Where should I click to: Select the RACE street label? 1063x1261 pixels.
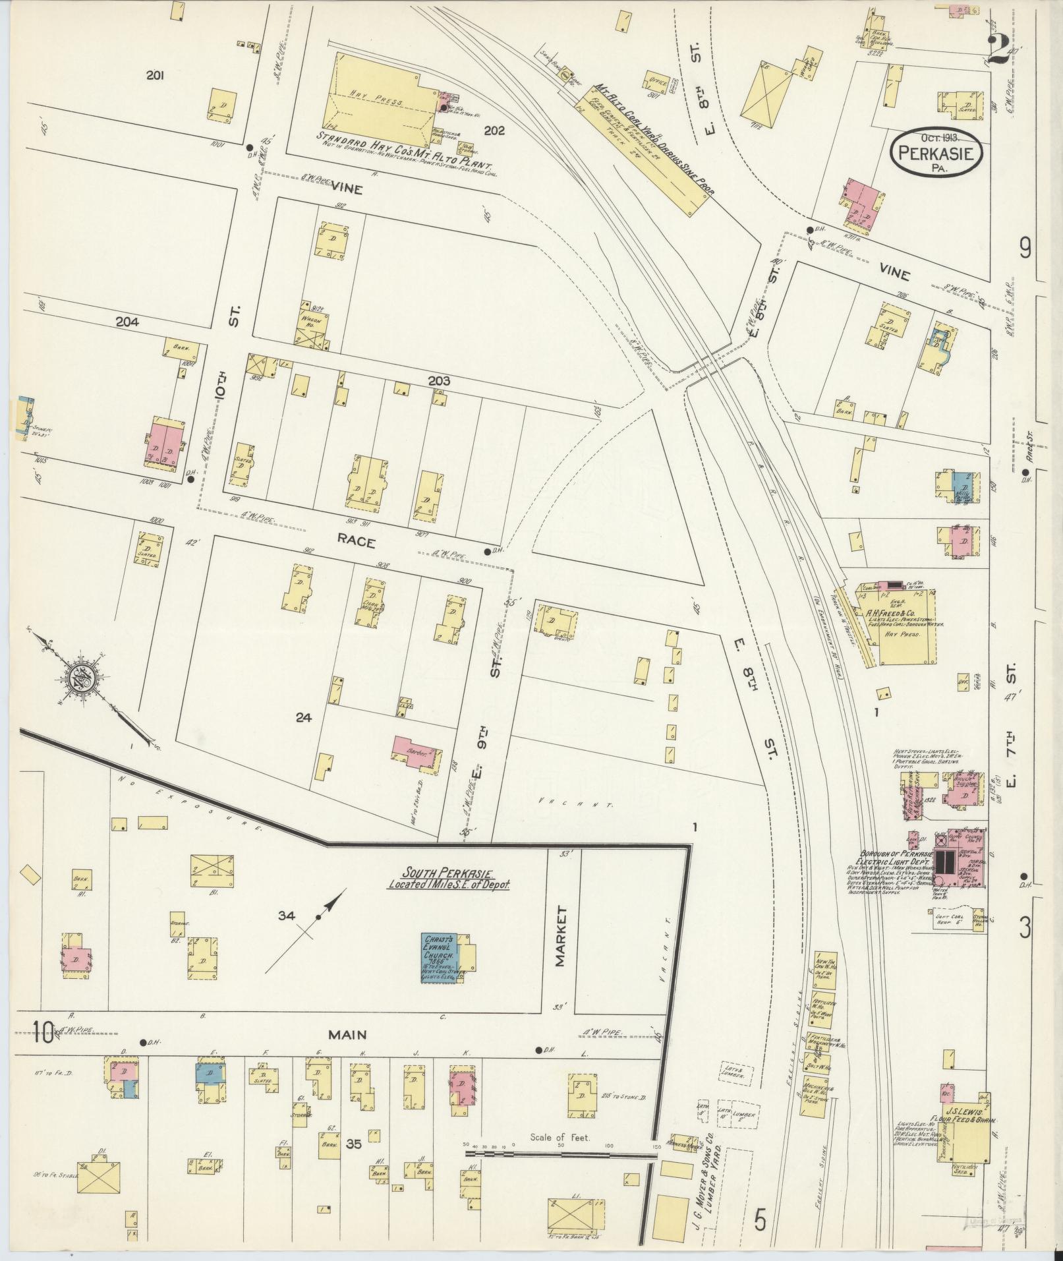click(x=357, y=542)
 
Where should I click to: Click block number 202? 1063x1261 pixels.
click(x=494, y=131)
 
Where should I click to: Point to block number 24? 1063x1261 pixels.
click(x=303, y=718)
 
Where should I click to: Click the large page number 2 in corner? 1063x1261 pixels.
click(x=1000, y=49)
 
